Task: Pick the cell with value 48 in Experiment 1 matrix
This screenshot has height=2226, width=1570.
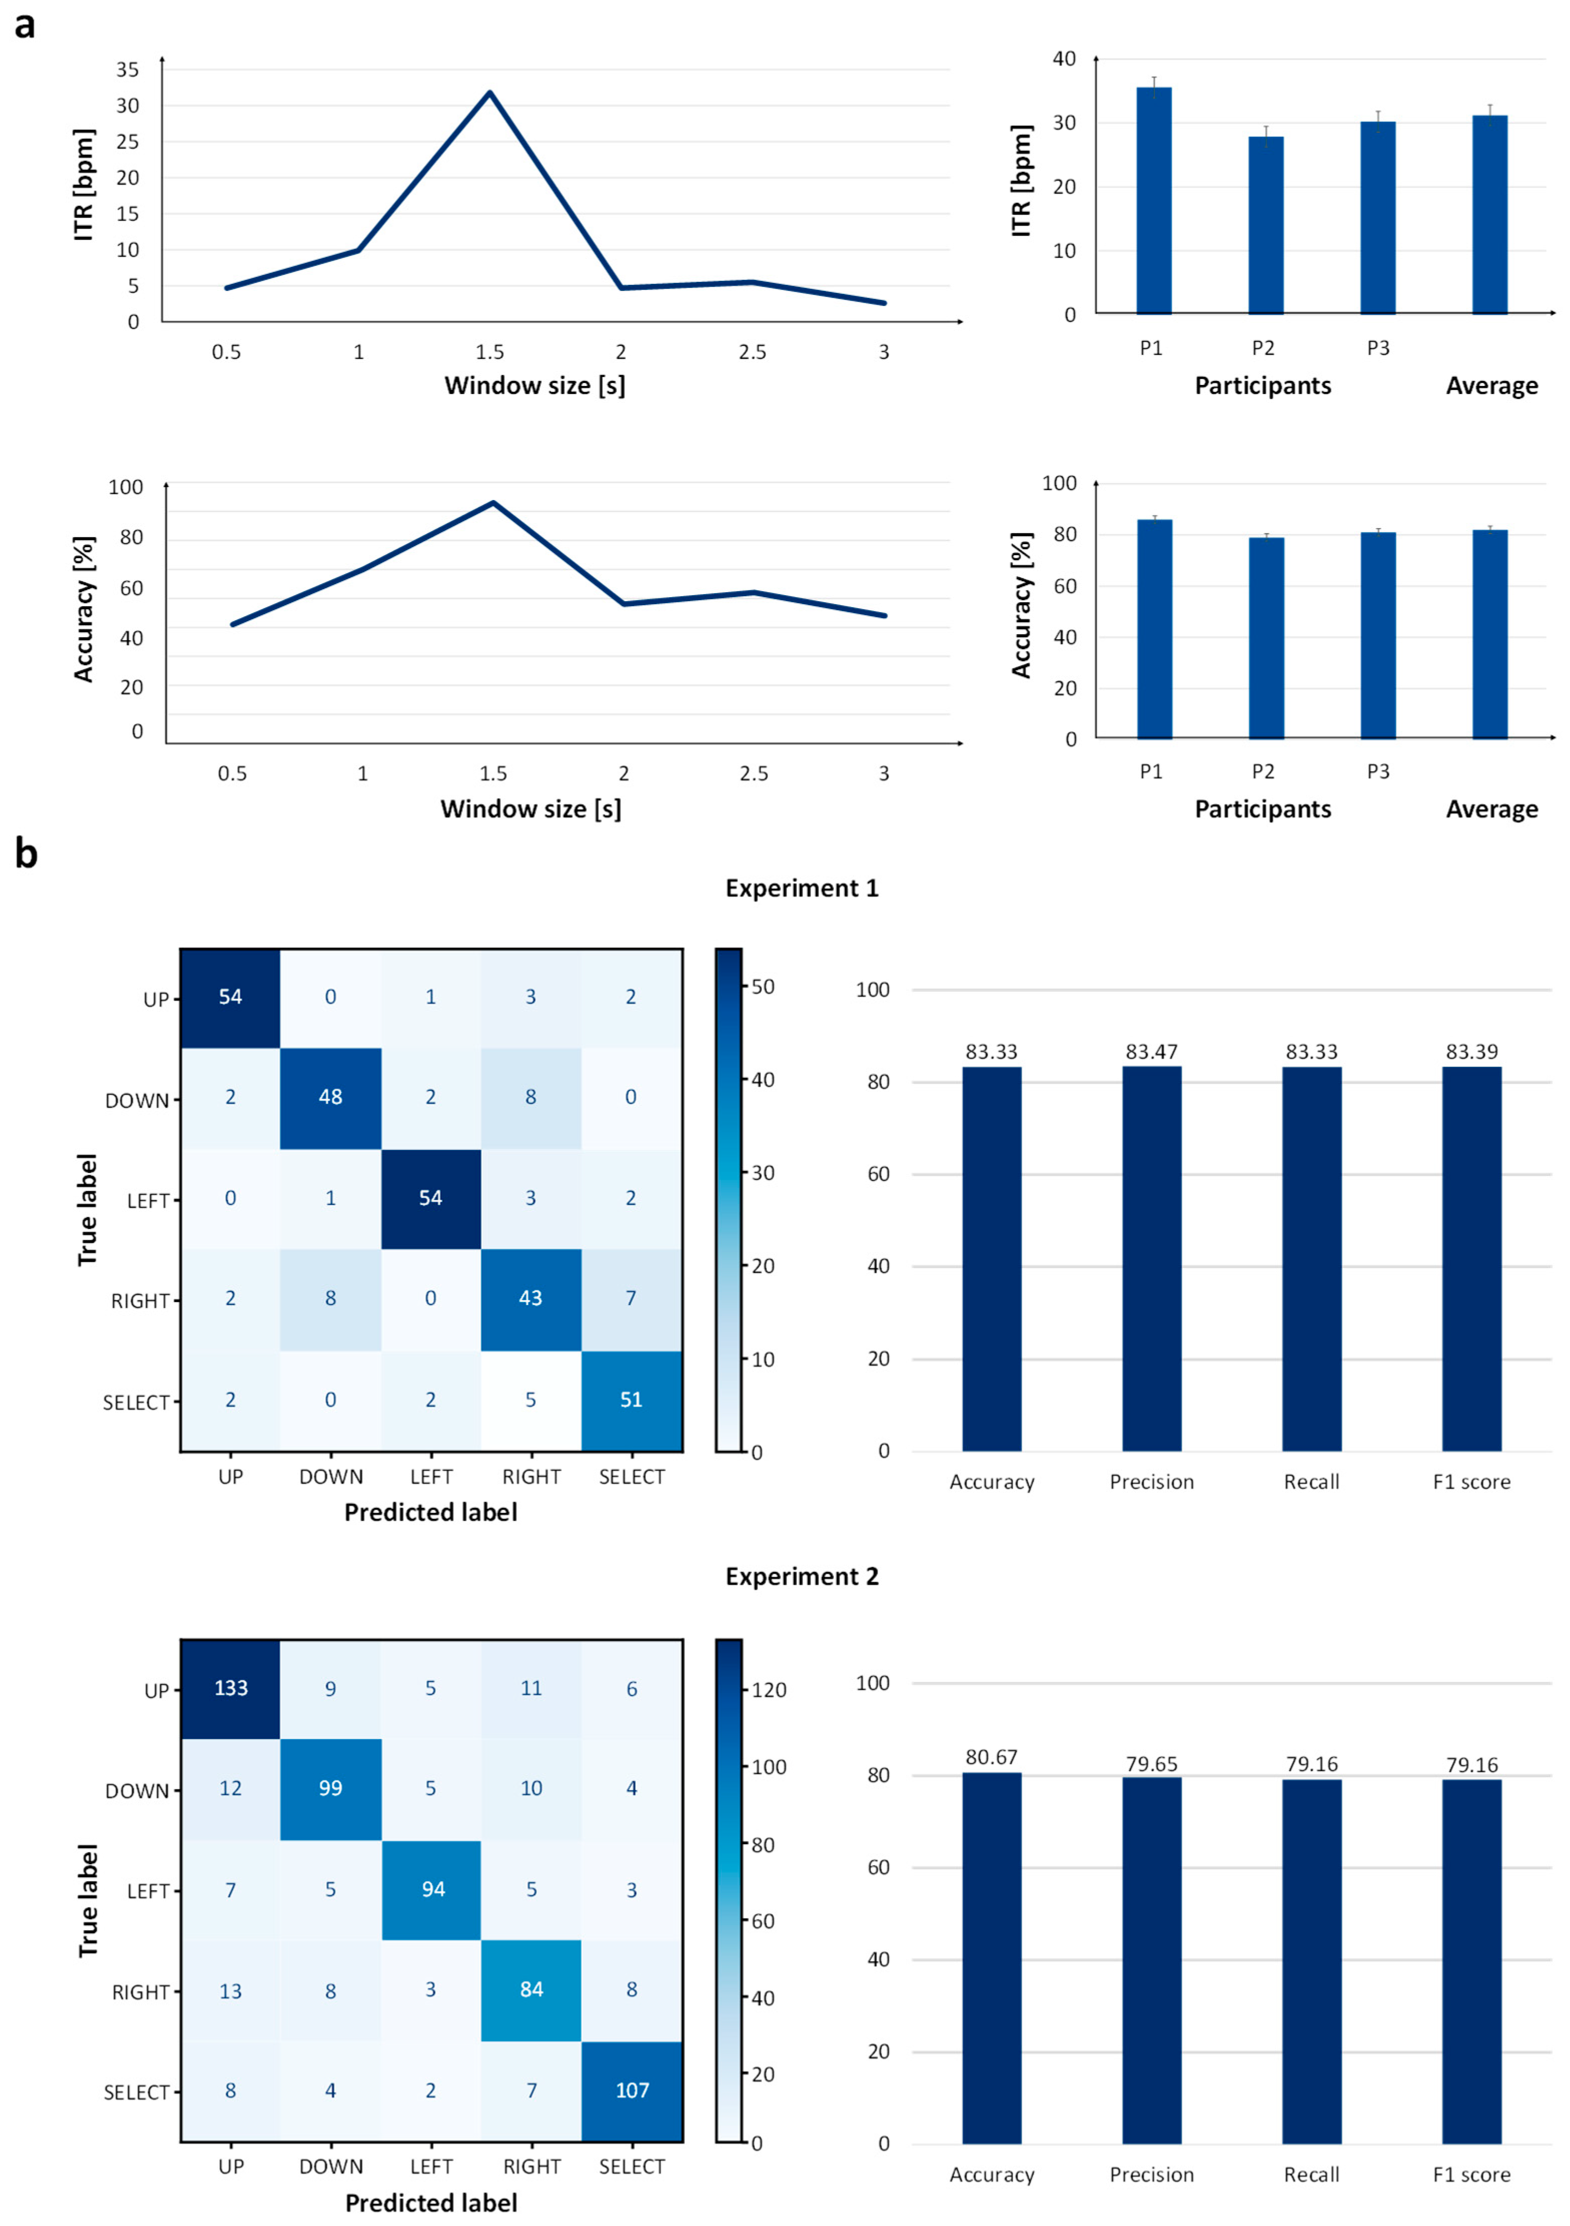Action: [x=331, y=1098]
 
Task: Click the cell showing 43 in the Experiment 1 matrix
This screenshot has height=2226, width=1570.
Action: [x=530, y=1298]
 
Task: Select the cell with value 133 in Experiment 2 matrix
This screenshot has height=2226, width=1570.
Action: [x=231, y=1688]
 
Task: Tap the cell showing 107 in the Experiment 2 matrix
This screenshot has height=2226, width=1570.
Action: [x=632, y=2091]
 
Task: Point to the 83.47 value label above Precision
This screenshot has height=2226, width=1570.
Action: [x=1151, y=1052]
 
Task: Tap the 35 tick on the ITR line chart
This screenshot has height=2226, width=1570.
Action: [x=127, y=70]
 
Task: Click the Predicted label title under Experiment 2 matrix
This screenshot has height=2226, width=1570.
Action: [x=431, y=2203]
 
